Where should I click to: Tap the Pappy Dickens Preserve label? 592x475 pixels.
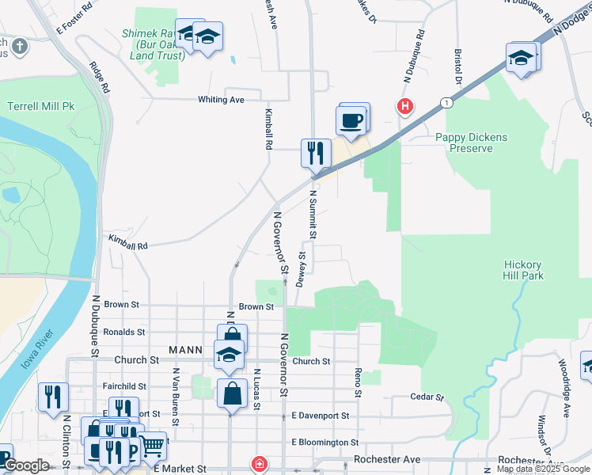click(472, 142)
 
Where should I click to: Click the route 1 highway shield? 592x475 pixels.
click(448, 102)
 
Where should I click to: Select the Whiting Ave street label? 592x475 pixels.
click(221, 100)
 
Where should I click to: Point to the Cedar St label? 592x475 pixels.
click(424, 397)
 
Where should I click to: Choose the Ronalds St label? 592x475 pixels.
click(123, 332)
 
